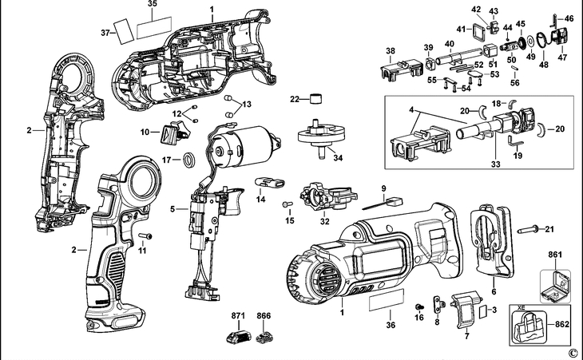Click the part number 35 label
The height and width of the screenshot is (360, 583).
point(152,4)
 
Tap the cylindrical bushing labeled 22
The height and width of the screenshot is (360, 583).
point(318,99)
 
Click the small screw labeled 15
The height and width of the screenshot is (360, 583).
point(286,205)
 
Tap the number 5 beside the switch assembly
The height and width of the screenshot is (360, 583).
point(173,209)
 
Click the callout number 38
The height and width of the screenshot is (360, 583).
point(390,50)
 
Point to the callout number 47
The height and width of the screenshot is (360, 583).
point(561,57)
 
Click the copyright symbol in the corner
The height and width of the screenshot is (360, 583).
point(572,352)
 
